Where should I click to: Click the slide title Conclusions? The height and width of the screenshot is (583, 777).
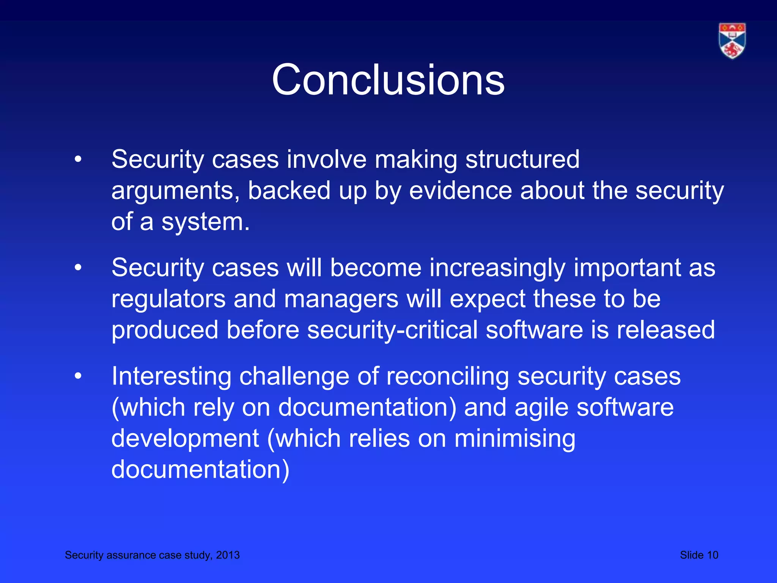(388, 80)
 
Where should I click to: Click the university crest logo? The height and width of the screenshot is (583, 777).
(732, 41)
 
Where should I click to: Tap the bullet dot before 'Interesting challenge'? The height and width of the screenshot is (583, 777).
(78, 376)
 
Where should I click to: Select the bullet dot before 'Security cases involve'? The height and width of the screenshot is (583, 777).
(78, 159)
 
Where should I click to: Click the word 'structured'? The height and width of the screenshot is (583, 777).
(522, 159)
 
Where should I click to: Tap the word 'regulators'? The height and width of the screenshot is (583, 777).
(168, 299)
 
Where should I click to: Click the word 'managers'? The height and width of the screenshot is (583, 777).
(341, 299)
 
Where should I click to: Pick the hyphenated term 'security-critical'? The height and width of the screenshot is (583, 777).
(392, 330)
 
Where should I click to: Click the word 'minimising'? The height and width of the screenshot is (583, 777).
(515, 439)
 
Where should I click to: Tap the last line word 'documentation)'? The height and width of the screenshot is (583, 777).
(200, 470)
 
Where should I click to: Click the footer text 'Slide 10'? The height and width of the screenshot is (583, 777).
(699, 555)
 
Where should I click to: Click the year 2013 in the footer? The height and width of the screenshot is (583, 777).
(228, 555)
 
